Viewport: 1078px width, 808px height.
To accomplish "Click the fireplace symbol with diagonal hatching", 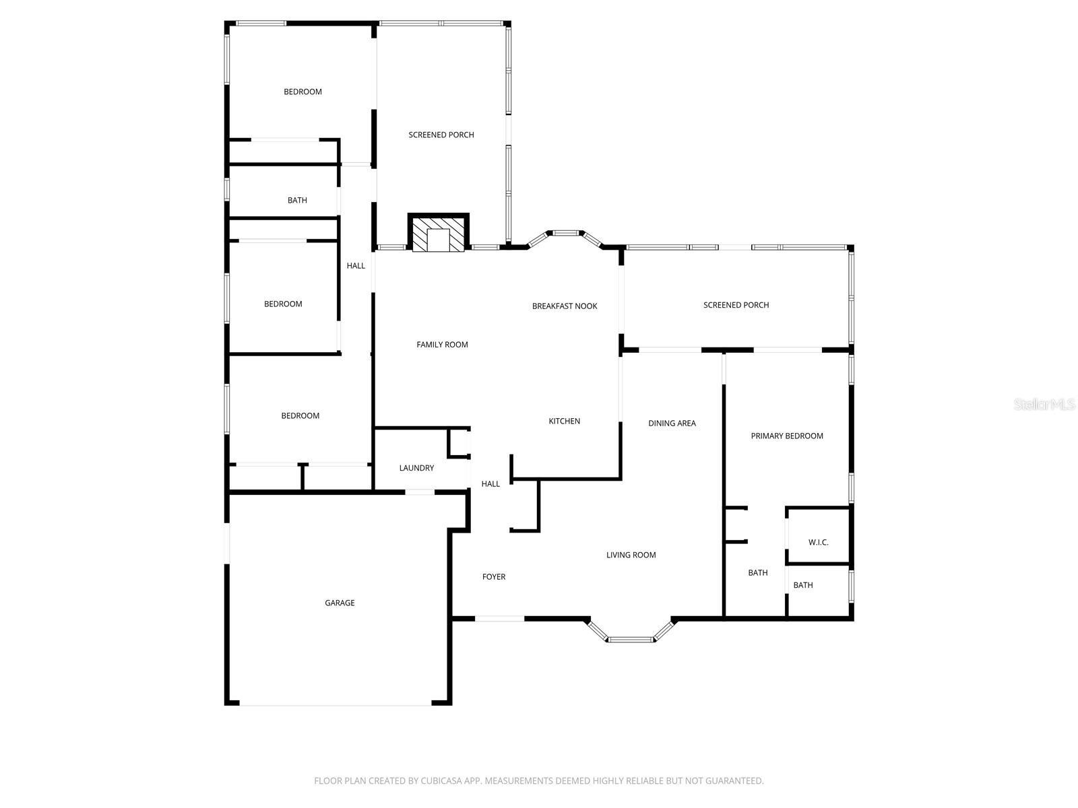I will tap(439, 234).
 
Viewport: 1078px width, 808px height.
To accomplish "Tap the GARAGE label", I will tap(340, 603).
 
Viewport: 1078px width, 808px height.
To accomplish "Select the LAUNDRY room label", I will tap(416, 468).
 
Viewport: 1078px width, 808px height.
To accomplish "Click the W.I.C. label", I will tap(818, 542).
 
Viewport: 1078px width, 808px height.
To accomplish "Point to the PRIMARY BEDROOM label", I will tap(787, 436).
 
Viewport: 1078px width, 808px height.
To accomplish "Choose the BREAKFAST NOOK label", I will tap(565, 306).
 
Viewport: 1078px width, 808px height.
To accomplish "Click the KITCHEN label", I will tap(564, 421).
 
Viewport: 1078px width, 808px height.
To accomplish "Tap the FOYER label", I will tap(494, 576).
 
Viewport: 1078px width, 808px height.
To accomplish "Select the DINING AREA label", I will tap(672, 423).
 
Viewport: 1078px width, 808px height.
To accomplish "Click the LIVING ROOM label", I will tap(631, 555).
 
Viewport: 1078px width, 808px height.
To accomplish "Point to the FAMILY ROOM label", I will tap(442, 344).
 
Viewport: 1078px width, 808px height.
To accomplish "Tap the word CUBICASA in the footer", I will tap(441, 781).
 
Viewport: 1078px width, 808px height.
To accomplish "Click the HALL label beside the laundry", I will tap(490, 483).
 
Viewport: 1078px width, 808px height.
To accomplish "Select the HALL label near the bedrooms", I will tap(356, 265).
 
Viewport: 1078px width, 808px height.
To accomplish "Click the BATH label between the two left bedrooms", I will tap(297, 200).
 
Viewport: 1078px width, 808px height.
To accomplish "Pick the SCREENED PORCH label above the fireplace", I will tap(441, 135).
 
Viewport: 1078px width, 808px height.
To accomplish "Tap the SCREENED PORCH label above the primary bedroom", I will tap(736, 305).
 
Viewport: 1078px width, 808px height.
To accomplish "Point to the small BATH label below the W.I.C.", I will tap(802, 585).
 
